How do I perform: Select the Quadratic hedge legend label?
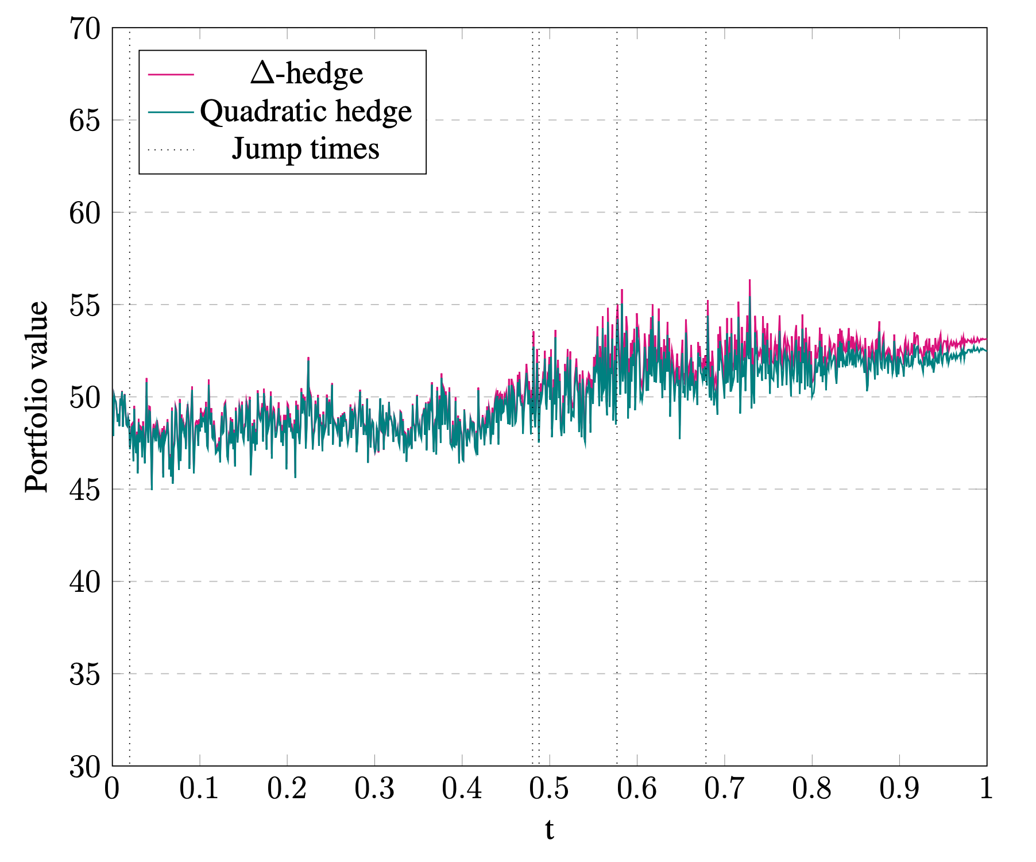pos(306,111)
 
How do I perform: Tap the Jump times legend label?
pos(306,149)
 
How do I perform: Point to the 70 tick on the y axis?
pos(84,28)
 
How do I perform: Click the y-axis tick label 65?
pos(84,120)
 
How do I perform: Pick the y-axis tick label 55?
pos(84,305)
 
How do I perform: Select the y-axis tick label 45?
pos(84,489)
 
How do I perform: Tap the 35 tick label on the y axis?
pos(84,674)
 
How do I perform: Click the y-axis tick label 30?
pos(84,767)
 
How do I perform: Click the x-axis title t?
pos(550,830)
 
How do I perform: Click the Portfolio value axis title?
pos(37,397)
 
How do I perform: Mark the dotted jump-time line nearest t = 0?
pos(130,575)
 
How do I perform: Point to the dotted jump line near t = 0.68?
pos(706,575)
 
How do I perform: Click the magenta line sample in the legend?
pos(171,74)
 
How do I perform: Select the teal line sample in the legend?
pos(171,111)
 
